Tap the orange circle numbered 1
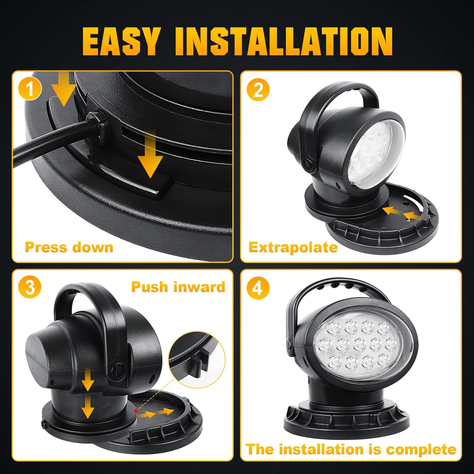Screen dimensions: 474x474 (30, 89)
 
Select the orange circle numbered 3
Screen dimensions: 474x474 (30, 287)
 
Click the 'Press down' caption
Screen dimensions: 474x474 (69, 247)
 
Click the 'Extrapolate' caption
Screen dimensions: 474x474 (293, 247)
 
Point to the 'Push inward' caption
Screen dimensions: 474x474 (178, 287)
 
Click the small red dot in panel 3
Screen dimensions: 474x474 (136, 410)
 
